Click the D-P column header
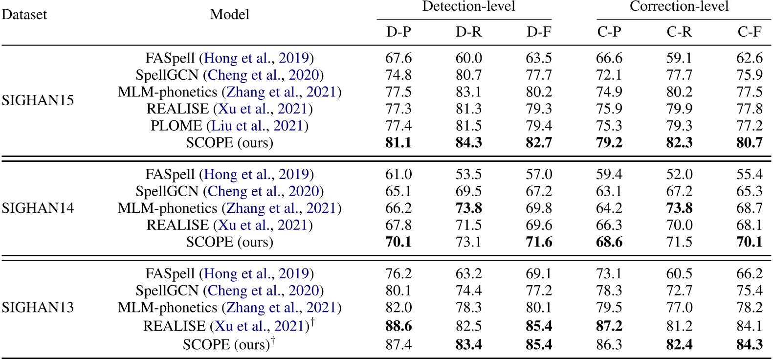pos(398,32)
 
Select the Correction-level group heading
pos(679,7)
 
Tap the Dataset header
pos(24,15)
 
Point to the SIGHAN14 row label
pos(38,208)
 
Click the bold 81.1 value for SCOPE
pos(398,143)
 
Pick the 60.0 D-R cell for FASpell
pos(468,58)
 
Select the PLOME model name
pos(176,126)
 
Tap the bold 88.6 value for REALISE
pos(398,326)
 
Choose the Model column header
pos(229,15)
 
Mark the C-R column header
pos(679,32)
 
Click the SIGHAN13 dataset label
pos(38,307)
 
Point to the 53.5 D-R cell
pos(468,175)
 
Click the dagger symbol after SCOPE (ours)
pos(273,340)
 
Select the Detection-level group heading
pos(468,7)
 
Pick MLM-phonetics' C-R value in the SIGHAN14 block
pos(679,208)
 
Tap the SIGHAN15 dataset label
pos(38,100)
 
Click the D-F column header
pos(539,32)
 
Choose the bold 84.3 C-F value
pos(749,345)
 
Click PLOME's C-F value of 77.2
pos(749,126)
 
